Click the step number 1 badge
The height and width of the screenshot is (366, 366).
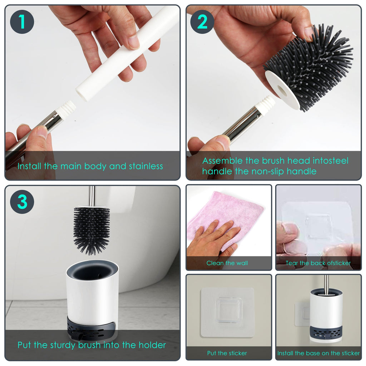[22, 22]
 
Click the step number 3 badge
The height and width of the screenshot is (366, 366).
[22, 202]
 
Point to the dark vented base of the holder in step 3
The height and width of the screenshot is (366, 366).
[91, 327]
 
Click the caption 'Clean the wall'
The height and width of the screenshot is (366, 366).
[227, 263]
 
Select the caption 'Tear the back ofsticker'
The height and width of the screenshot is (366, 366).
[318, 263]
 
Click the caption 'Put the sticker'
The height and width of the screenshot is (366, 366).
[227, 353]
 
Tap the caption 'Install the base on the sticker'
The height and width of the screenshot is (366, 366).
[318, 353]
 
